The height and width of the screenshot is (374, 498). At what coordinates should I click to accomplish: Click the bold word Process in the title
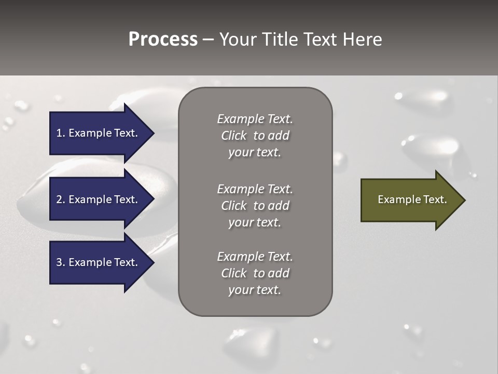click(x=163, y=39)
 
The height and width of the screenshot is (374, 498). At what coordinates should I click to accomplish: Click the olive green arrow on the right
click(x=410, y=199)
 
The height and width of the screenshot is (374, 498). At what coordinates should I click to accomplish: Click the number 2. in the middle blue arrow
click(x=60, y=199)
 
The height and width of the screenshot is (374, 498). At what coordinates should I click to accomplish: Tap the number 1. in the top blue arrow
click(x=60, y=133)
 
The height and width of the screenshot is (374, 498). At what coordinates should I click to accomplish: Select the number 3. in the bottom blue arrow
click(x=60, y=262)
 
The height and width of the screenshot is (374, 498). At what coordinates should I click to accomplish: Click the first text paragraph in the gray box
click(x=255, y=136)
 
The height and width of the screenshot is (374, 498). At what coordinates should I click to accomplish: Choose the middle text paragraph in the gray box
click(x=255, y=206)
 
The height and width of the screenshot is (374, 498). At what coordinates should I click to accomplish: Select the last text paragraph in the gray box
click(x=255, y=273)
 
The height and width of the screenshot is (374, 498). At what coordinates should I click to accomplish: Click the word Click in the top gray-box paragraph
click(x=233, y=136)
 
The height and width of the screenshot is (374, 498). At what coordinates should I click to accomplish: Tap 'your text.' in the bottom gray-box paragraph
click(x=255, y=290)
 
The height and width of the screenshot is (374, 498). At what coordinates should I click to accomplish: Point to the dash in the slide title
click(x=208, y=40)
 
